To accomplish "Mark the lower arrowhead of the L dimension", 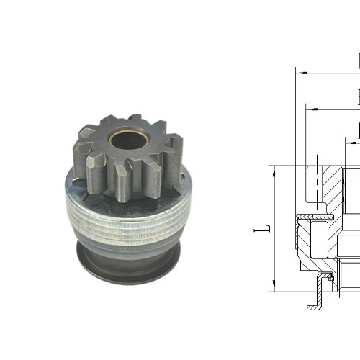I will tap(274, 287).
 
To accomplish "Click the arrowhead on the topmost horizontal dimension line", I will tap(301, 73).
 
